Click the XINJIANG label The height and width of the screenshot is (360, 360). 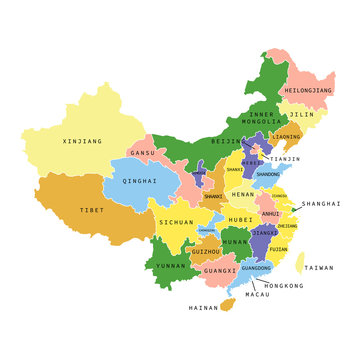tap(82, 142)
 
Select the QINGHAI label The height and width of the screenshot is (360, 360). tap(139, 181)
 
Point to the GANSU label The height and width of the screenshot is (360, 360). tap(143, 153)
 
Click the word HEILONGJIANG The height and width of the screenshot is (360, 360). tap(308, 90)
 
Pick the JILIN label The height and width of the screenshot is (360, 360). tap(301, 115)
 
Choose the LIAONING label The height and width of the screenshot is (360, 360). tap(286, 137)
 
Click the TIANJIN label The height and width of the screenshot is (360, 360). tap(284, 159)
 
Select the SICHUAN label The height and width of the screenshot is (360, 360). tap(175, 223)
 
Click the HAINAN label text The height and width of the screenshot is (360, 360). tap(203, 308)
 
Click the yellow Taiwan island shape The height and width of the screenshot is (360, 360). tap(300, 263)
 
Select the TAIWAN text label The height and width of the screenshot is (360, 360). tap(319, 268)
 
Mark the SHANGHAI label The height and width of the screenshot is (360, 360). tap(321, 203)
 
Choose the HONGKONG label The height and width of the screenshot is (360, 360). tap(284, 286)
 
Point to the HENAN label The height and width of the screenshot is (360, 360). tap(243, 194)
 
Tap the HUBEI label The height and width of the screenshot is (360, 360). tap(240, 219)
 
